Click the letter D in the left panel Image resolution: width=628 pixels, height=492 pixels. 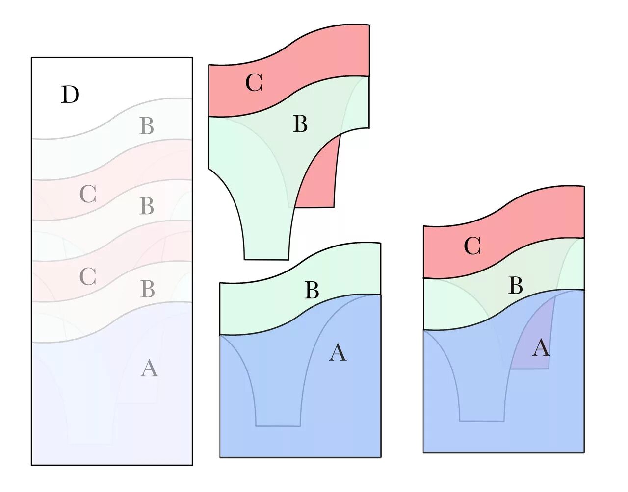point(70,95)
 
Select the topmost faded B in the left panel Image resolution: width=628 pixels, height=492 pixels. point(147,126)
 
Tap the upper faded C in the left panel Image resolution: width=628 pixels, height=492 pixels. point(88,195)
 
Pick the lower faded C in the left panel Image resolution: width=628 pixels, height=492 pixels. point(88,277)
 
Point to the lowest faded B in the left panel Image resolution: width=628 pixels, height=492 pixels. point(147,289)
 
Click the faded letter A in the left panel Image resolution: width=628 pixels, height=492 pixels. point(149,368)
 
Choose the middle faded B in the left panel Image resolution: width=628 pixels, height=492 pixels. point(147,206)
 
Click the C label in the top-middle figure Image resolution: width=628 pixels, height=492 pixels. point(254,83)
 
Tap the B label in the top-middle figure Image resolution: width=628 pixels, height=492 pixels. point(300,124)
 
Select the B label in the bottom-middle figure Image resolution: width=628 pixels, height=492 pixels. point(312,291)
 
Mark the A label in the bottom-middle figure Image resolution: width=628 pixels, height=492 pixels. point(338,353)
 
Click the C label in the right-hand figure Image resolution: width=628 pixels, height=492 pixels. point(472,246)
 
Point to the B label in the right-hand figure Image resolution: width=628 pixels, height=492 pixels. point(515,286)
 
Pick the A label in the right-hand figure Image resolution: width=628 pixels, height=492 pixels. point(541,348)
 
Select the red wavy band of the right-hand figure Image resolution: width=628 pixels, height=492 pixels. point(530,211)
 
